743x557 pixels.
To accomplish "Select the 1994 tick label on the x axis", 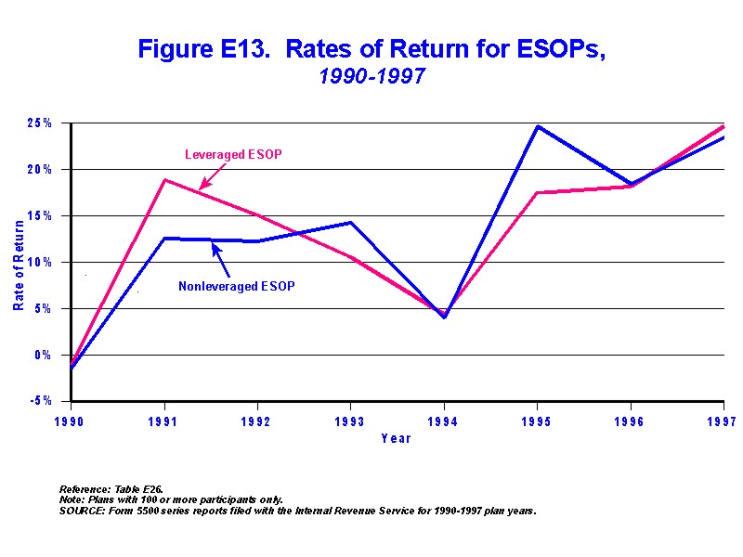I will [x=444, y=420].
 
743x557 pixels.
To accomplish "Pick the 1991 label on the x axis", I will [x=164, y=420].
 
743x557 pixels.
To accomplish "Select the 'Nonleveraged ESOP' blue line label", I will [x=236, y=286].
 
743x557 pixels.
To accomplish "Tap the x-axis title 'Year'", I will [x=396, y=438].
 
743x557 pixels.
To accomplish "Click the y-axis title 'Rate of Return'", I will [x=19, y=262].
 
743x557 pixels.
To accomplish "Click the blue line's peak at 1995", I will [x=537, y=126].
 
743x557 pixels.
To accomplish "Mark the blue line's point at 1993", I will [x=350, y=223].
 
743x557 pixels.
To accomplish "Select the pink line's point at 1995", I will [x=537, y=192].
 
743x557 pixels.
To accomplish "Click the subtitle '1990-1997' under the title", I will [x=371, y=77].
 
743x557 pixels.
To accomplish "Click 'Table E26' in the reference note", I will [x=140, y=488].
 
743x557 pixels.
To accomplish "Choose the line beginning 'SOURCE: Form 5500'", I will [x=297, y=511].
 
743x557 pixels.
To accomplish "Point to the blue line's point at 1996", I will [x=630, y=184].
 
